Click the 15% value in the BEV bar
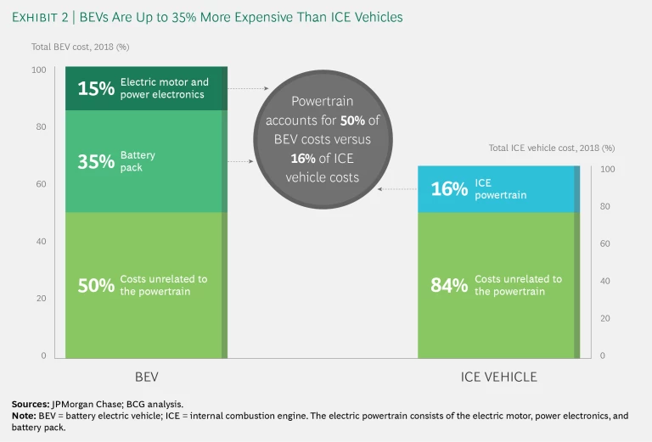click(x=96, y=88)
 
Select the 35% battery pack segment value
click(x=96, y=162)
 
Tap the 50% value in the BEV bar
click(x=96, y=285)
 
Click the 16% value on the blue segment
click(x=449, y=189)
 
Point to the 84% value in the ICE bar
click(x=449, y=285)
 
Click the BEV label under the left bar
click(x=146, y=377)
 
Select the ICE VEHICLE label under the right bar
click(x=498, y=377)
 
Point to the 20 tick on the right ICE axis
click(x=605, y=318)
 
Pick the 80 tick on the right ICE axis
click(x=605, y=206)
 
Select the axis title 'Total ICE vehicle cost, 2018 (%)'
click(x=551, y=148)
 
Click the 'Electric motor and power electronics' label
click(x=163, y=88)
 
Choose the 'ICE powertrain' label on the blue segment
click(x=500, y=188)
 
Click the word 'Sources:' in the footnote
click(x=31, y=404)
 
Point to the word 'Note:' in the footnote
click(x=25, y=416)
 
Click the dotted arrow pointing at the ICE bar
click(x=396, y=189)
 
